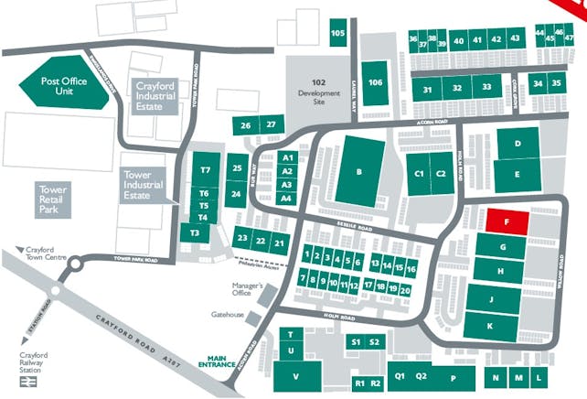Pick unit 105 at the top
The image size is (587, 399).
click(x=337, y=34)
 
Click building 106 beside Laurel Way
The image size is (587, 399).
click(x=375, y=82)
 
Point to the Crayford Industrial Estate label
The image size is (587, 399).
click(x=155, y=94)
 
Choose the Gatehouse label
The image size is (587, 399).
click(x=228, y=315)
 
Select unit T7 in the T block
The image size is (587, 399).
click(x=205, y=170)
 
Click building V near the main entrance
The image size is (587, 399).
click(x=295, y=376)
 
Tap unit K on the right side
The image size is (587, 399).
click(x=490, y=326)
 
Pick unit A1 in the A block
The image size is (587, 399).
click(x=286, y=158)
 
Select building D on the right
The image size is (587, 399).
click(x=517, y=145)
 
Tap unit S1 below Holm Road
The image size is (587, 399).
click(x=357, y=341)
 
